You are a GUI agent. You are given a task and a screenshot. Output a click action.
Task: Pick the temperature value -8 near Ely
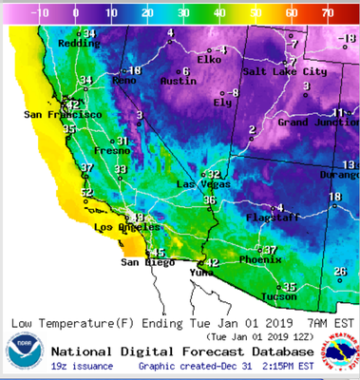[233, 92]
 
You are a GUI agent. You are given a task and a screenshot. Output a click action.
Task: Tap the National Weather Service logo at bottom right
[340, 353]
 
